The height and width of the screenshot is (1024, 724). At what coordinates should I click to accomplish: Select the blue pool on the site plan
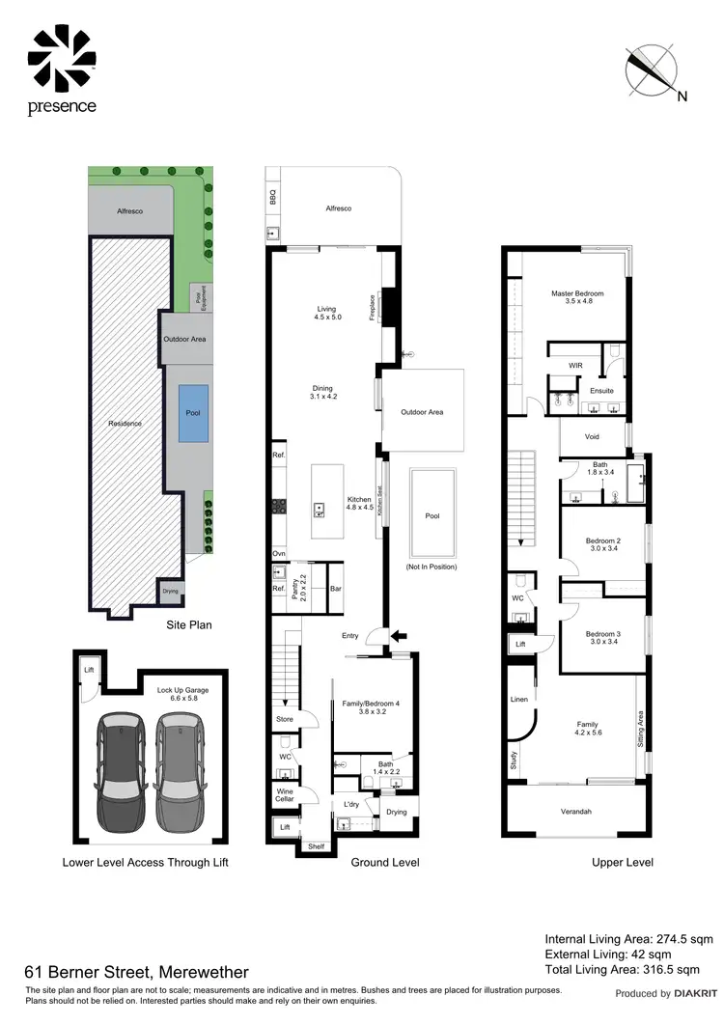point(193,414)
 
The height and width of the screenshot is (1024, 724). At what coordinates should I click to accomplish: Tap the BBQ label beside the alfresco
point(272,200)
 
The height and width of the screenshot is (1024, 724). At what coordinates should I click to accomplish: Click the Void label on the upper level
point(593,436)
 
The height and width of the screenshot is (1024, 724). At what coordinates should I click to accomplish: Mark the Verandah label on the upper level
point(576,811)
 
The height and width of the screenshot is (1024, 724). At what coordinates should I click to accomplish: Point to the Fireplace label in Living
point(373,307)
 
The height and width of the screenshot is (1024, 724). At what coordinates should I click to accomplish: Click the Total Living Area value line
point(622,969)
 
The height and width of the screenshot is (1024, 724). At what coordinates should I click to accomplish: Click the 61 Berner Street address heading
point(136,972)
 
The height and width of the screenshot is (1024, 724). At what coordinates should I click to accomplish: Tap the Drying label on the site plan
point(170,592)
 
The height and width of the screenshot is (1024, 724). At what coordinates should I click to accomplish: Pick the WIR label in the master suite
point(576,366)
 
